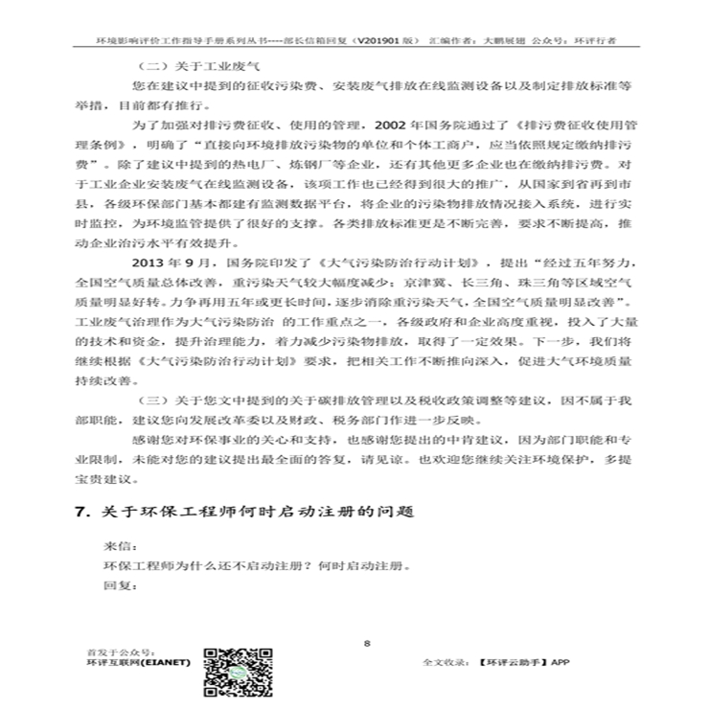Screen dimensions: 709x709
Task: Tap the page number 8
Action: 368,643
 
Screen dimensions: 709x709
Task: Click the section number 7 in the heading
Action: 80,512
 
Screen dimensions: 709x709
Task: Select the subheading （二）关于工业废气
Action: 176,65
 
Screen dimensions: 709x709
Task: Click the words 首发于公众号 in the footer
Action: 119,651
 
